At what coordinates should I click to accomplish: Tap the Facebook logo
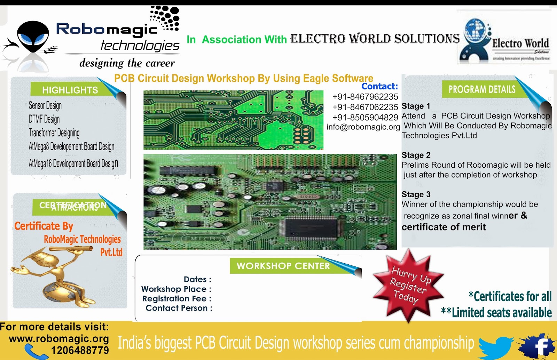(538, 346)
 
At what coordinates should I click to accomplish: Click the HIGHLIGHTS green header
(70, 90)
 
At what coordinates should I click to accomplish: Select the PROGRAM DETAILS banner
(482, 89)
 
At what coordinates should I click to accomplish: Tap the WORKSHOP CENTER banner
(283, 266)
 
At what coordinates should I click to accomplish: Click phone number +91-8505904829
(365, 118)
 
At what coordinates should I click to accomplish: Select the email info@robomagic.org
(363, 127)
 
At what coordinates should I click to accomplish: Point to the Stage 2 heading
(416, 155)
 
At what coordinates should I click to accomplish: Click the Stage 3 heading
(416, 194)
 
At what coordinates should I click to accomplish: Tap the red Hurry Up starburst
(408, 285)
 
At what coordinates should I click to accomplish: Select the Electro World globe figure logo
(474, 40)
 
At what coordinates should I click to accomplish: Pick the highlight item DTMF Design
(44, 119)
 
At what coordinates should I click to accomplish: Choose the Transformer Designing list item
(54, 133)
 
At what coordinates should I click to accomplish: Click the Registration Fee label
(177, 299)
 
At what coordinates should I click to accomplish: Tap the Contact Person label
(179, 308)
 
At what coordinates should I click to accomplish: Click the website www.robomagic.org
(59, 339)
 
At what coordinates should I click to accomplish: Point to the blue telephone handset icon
(36, 352)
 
